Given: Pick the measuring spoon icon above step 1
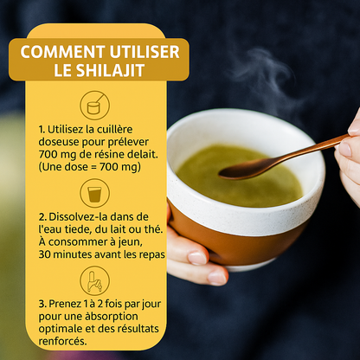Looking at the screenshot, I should (95, 105).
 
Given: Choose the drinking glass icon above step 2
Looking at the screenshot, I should (95, 191).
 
